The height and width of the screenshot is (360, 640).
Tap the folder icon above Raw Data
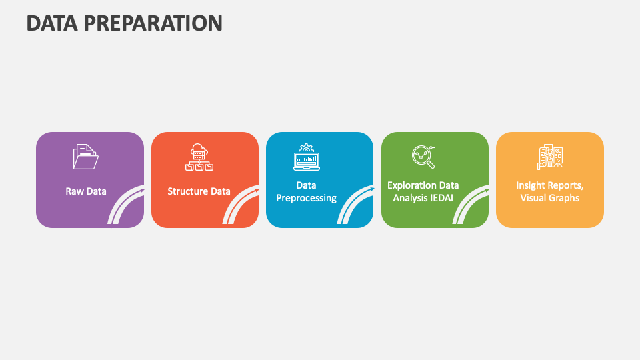85,157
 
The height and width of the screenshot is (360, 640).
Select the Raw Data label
86,191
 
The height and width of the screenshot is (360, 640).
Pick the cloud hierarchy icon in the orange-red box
200,157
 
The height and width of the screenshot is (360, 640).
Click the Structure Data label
199,191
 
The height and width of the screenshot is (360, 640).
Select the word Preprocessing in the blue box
307,198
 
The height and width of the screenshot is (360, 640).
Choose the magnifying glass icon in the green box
423,157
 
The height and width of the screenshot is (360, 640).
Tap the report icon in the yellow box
550,157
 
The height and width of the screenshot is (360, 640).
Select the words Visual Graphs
550,198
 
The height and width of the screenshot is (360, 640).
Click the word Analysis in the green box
409,198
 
